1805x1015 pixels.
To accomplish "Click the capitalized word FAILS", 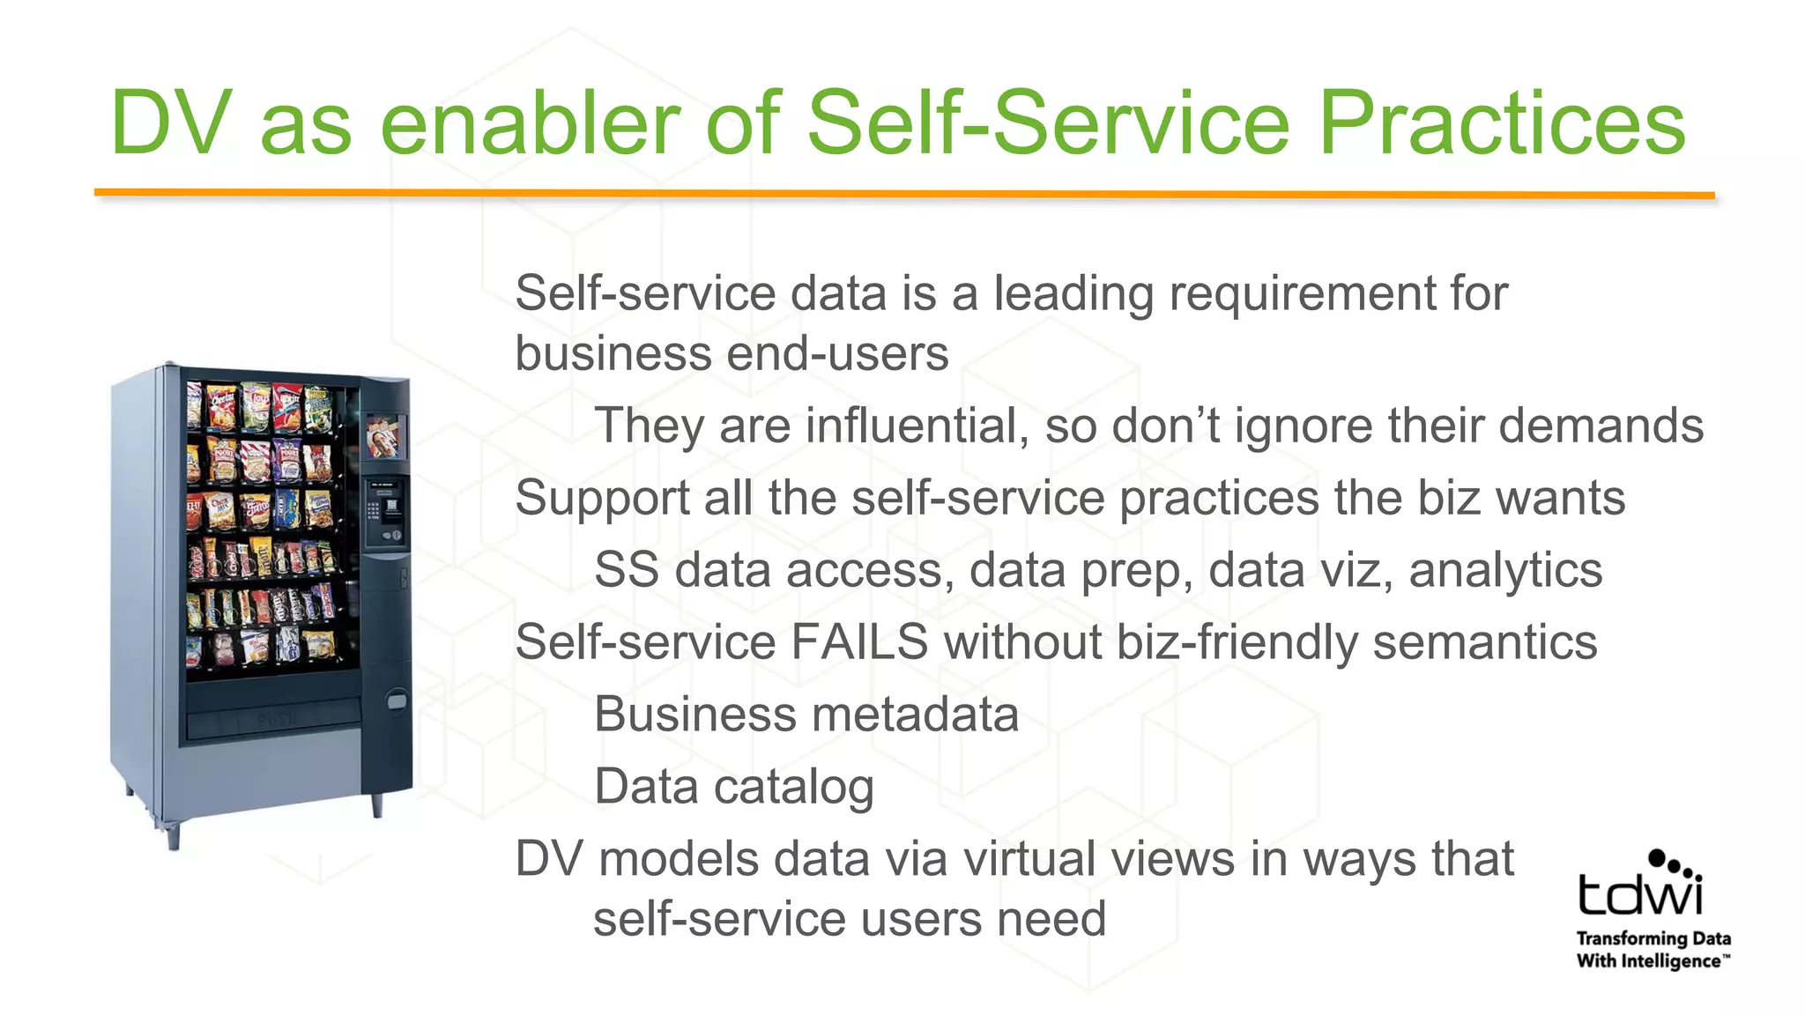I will pyautogui.click(x=858, y=641).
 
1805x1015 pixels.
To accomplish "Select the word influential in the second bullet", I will pyautogui.click(x=917, y=426).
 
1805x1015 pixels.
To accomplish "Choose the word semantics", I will pyautogui.click(x=1485, y=641).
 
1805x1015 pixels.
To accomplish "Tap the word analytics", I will pyautogui.click(x=1505, y=570).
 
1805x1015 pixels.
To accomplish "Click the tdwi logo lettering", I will pyautogui.click(x=1639, y=892).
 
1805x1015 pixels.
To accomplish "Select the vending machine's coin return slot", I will pyautogui.click(x=397, y=700).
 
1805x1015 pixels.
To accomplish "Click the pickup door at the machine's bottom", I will pyautogui.click(x=274, y=718).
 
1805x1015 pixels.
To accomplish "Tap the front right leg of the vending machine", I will pyautogui.click(x=377, y=804).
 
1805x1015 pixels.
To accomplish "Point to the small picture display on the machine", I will pyautogui.click(x=385, y=437).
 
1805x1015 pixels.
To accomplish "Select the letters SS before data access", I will pyautogui.click(x=626, y=570).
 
